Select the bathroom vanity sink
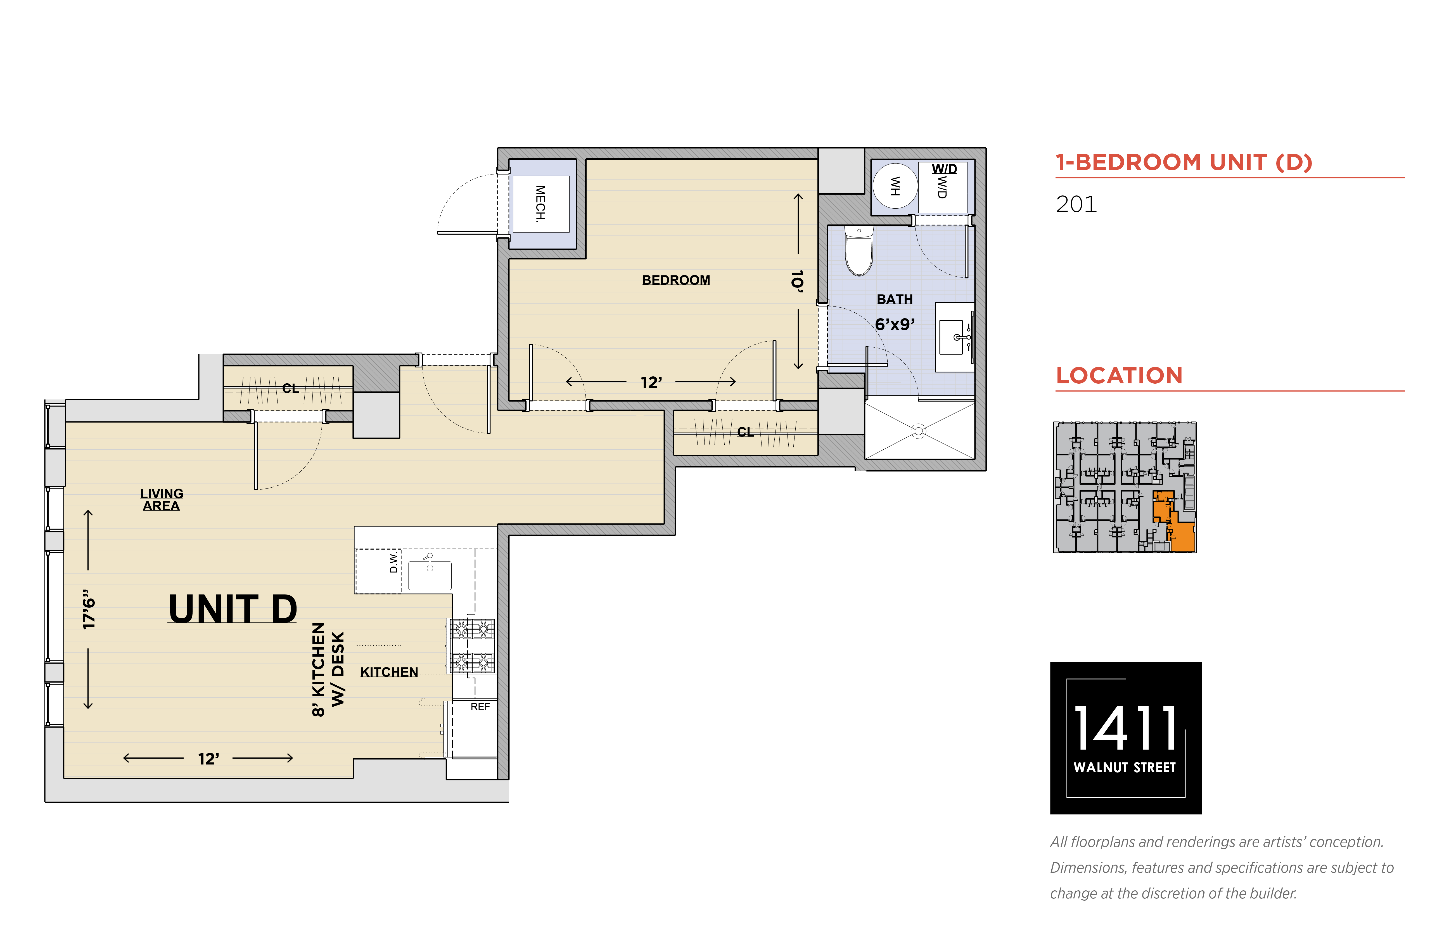(x=953, y=337)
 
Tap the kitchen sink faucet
(x=429, y=563)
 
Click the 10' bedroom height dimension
(x=797, y=281)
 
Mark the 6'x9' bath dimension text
(x=895, y=324)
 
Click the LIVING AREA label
(x=162, y=500)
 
